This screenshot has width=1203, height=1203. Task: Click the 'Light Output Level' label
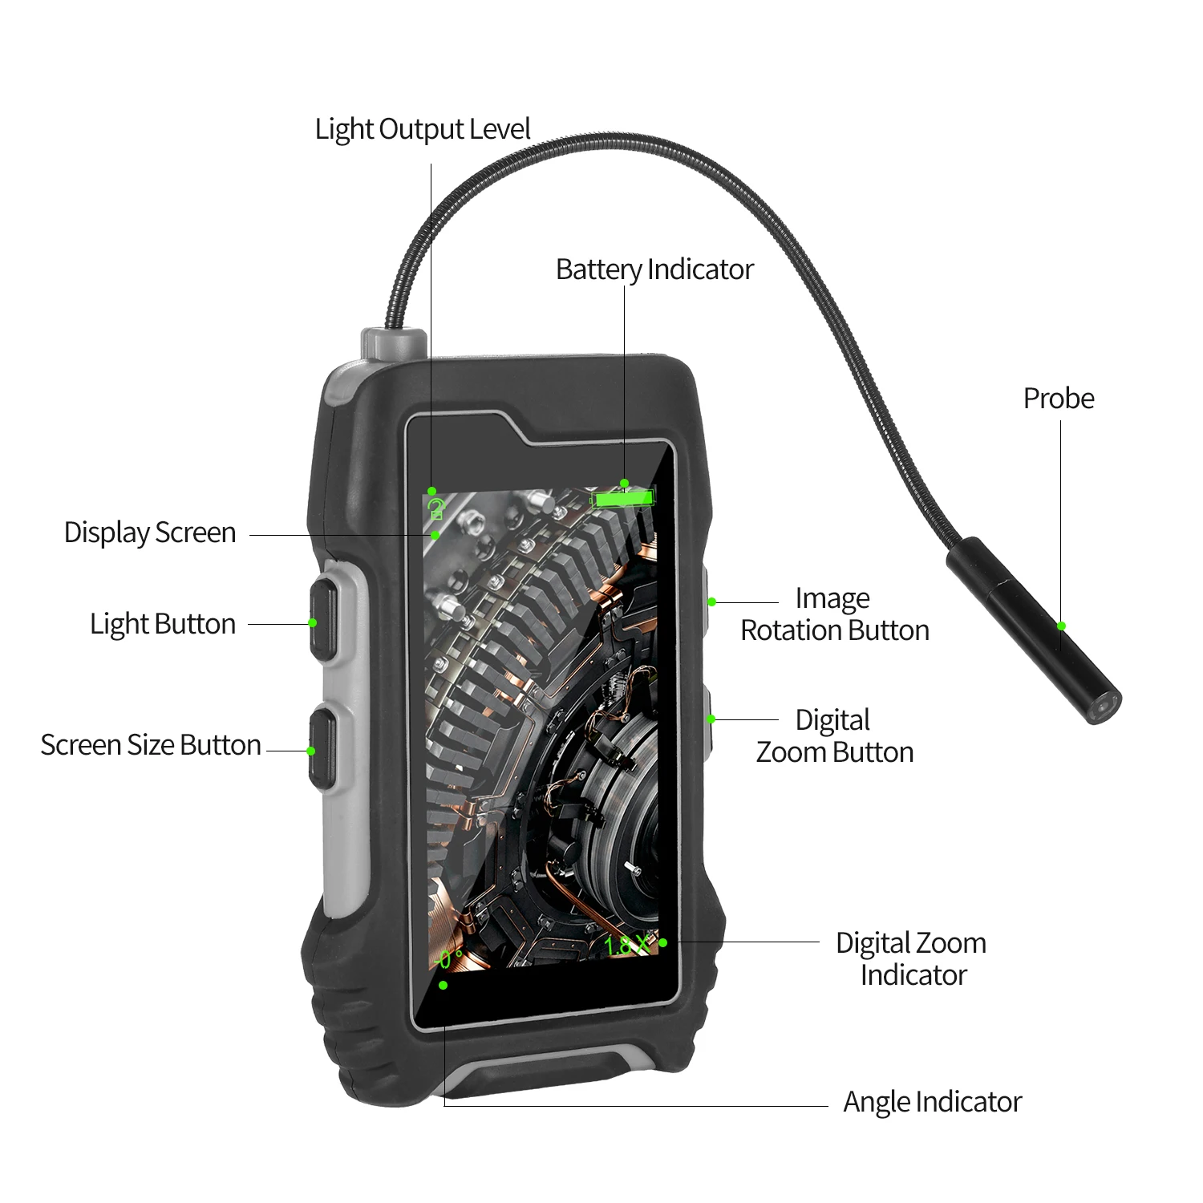[422, 129]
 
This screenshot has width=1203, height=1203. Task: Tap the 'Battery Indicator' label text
[654, 269]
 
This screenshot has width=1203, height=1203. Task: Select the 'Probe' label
[1058, 399]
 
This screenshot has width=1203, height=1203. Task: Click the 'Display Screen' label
[150, 533]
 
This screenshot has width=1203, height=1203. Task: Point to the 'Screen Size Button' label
[151, 745]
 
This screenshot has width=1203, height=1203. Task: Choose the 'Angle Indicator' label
[932, 1102]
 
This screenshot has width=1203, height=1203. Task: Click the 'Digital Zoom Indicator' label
[912, 959]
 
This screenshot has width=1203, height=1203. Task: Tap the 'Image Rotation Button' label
[834, 614]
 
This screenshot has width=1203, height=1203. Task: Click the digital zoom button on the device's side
[707, 720]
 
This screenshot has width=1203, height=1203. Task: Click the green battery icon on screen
[622, 499]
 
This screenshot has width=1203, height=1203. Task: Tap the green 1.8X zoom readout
[626, 946]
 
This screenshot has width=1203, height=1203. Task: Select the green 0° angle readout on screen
[449, 959]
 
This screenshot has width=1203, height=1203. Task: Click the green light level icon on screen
[436, 508]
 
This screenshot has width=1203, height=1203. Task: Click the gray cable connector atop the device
[393, 342]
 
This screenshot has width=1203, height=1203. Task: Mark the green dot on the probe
[1061, 626]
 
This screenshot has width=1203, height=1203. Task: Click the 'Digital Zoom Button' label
[834, 736]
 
